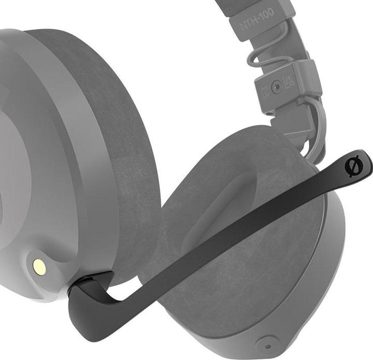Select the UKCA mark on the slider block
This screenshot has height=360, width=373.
(289, 84)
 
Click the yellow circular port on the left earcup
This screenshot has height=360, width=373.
(39, 267)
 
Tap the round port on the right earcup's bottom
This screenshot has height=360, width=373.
(267, 344)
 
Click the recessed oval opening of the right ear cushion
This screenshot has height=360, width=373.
(218, 207)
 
